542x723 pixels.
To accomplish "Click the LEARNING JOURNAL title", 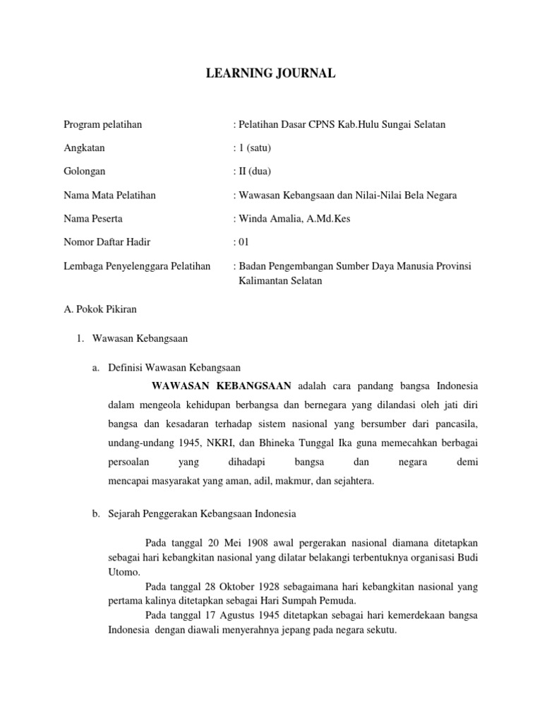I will coord(270,73).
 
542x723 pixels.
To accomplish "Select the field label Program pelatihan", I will coord(102,124).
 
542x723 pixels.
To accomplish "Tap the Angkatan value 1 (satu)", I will coord(254,148).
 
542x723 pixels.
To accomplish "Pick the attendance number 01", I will coord(243,242).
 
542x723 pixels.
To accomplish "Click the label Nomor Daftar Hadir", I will coord(107,242).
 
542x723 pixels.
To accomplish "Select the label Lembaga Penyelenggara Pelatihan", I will coord(137,265).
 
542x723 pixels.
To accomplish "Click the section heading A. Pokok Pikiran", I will coord(100,309).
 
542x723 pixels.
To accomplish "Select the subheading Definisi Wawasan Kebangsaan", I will coord(174,367).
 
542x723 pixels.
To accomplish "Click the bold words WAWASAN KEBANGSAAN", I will coord(222,386).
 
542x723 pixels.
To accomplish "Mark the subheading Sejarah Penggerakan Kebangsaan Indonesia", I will coord(202,514).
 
